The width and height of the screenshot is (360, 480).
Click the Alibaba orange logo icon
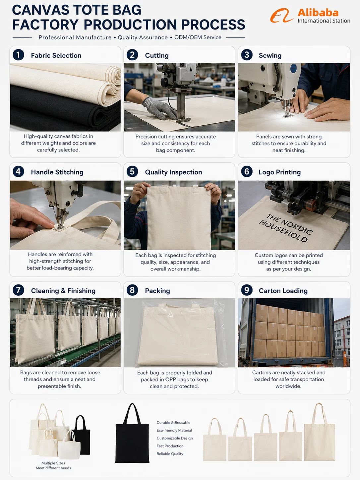tap(282, 16)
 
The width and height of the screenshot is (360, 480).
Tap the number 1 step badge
tap(18, 55)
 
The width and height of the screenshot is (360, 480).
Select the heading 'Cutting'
tap(157, 56)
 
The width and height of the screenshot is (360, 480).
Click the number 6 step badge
tap(247, 171)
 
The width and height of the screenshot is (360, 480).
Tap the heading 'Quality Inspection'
tap(174, 172)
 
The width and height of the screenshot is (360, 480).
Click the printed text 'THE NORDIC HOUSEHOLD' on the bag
tap(286, 228)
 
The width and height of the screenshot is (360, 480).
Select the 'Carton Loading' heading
tap(283, 291)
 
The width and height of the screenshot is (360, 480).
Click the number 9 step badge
tap(247, 290)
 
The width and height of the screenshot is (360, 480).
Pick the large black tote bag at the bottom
tap(132, 433)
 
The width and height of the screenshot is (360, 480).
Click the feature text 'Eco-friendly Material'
tap(174, 430)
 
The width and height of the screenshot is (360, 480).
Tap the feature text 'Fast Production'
tap(170, 446)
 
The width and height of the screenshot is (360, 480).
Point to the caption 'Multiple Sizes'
tap(53, 463)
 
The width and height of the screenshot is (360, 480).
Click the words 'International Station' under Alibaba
tap(324, 21)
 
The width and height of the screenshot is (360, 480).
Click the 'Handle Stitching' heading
tap(57, 172)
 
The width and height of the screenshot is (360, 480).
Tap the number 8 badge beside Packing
tap(132, 290)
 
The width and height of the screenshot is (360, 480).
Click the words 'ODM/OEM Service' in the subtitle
tap(198, 37)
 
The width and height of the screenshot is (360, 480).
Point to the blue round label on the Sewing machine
tap(294, 69)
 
